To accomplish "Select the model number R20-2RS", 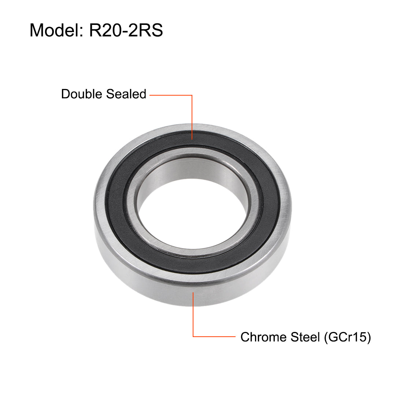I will coord(126,30).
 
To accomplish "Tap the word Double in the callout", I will coord(81,94).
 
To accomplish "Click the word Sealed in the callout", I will coord(126,94).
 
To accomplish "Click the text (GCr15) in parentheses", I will coord(347,337).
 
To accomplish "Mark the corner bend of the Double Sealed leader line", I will coord(192,95).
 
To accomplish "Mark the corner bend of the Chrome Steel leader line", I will coord(193,336).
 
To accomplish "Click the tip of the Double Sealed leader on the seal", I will coord(192,139).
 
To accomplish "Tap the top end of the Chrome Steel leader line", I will coord(193,292).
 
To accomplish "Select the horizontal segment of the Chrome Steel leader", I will coord(214,336).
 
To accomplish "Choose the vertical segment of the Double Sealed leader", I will coord(192,117).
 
